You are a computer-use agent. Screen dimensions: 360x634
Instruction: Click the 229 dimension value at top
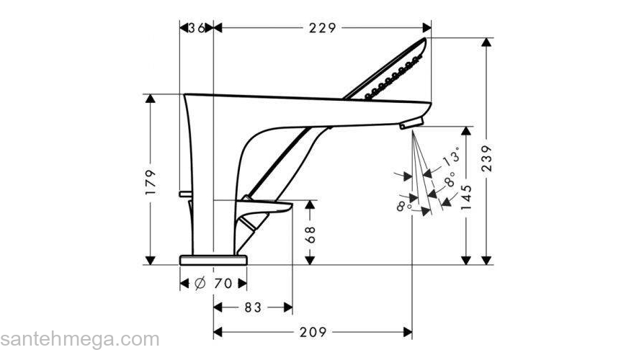323,28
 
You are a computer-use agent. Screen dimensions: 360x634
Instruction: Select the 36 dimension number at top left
196,28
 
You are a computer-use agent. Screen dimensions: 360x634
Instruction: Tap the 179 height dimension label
151,183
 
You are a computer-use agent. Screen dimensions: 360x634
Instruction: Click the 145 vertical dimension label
467,195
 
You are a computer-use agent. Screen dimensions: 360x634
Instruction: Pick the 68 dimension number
311,234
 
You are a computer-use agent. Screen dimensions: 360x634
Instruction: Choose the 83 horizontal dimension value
251,307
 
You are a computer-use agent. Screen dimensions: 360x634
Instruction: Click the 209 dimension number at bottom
313,332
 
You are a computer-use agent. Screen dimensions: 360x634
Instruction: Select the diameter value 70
223,283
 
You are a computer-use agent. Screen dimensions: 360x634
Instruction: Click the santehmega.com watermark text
79,339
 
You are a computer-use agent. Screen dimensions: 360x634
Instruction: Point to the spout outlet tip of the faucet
407,126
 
